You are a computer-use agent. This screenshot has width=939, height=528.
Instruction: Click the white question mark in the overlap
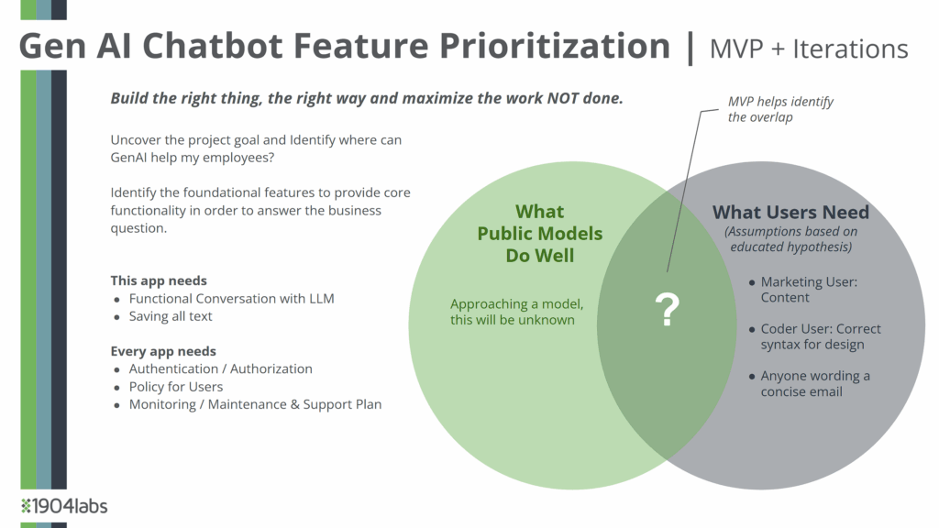click(x=668, y=309)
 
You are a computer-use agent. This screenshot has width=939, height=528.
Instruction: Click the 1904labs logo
click(x=64, y=506)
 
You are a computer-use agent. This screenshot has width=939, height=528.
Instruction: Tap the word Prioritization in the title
click(x=555, y=46)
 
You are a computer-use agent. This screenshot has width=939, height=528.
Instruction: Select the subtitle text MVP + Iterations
click(x=809, y=49)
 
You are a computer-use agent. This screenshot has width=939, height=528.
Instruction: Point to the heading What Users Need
click(x=790, y=212)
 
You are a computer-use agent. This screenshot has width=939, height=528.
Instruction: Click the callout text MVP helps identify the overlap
click(x=780, y=109)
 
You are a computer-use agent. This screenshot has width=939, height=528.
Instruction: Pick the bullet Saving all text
click(x=171, y=316)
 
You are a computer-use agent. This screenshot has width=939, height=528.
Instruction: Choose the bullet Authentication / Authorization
click(x=220, y=368)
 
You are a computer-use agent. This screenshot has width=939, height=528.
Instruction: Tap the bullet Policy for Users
click(x=176, y=387)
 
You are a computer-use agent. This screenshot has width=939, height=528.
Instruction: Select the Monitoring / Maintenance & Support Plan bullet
click(x=255, y=404)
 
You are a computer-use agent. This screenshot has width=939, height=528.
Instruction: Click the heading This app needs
click(x=159, y=280)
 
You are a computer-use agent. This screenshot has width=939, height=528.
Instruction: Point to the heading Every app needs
click(x=163, y=351)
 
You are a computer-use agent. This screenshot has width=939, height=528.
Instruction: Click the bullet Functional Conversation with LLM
click(x=232, y=298)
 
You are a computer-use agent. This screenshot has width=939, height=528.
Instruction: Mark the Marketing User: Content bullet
click(x=809, y=289)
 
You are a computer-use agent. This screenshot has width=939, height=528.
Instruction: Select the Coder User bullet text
click(x=821, y=336)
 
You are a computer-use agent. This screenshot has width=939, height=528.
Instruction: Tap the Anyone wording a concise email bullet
click(x=815, y=384)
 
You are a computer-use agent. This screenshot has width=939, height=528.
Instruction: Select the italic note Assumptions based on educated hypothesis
click(x=791, y=239)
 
